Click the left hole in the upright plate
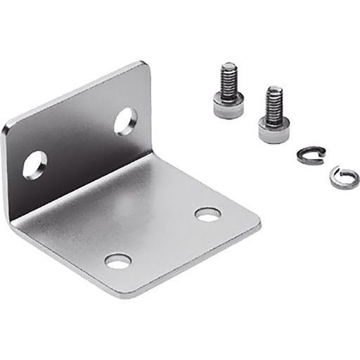tap(34, 165)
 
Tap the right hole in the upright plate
tap(125, 121)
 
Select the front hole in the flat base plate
tap(117, 261)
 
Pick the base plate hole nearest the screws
tap(207, 214)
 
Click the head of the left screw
tap(229, 105)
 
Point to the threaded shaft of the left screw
tap(229, 79)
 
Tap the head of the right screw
tap(274, 129)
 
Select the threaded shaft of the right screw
tap(274, 104)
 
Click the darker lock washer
tap(310, 155)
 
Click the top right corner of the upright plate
tap(146, 66)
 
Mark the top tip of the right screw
tap(274, 89)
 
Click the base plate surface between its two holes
tap(163, 238)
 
